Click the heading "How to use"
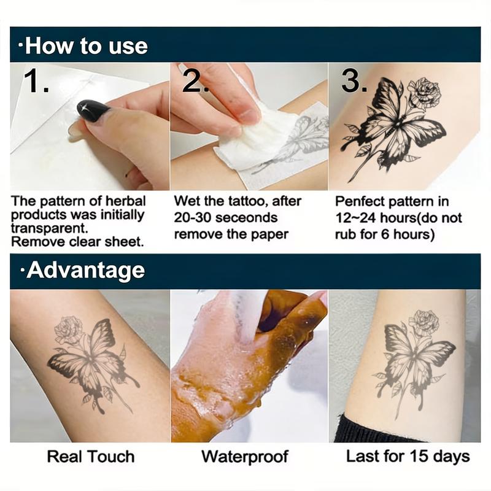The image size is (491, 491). click(85, 45)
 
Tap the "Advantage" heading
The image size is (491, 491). click(85, 271)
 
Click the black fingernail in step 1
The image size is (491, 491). click(93, 110)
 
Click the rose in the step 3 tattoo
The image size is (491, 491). click(424, 93)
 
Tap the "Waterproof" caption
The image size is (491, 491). click(244, 456)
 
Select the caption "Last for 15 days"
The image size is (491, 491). click(408, 456)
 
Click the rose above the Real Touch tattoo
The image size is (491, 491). click(68, 329)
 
